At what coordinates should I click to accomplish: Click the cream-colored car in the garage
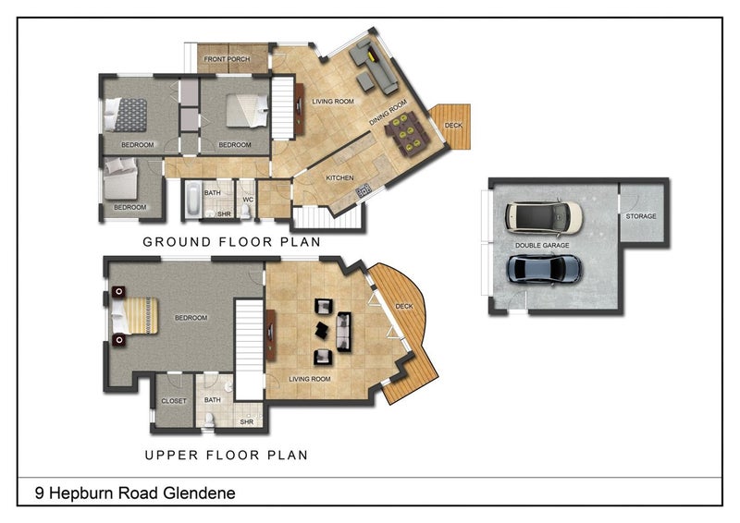tap(544, 217)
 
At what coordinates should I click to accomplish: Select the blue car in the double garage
tap(544, 269)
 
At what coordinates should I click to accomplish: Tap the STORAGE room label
tap(641, 216)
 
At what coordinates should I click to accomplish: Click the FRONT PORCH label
tap(227, 59)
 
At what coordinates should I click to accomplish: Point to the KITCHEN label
tap(339, 177)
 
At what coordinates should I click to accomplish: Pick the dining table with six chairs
tap(407, 133)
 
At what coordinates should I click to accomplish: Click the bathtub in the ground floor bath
tap(192, 200)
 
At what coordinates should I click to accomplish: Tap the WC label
tap(248, 200)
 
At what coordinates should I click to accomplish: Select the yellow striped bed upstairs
tap(134, 316)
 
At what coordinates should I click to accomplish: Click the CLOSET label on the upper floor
tap(174, 401)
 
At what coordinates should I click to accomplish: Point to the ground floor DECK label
tap(453, 125)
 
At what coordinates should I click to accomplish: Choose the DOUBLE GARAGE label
tap(542, 245)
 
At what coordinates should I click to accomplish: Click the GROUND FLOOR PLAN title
tap(232, 242)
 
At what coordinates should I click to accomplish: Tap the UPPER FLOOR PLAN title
tap(226, 456)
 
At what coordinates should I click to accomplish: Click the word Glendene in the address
tap(199, 493)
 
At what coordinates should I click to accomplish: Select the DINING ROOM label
tap(388, 112)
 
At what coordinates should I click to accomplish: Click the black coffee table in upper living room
tap(321, 330)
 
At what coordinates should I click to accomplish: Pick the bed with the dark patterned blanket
tap(126, 115)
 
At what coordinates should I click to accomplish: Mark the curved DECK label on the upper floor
tap(404, 307)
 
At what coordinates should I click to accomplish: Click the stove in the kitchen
tap(364, 190)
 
